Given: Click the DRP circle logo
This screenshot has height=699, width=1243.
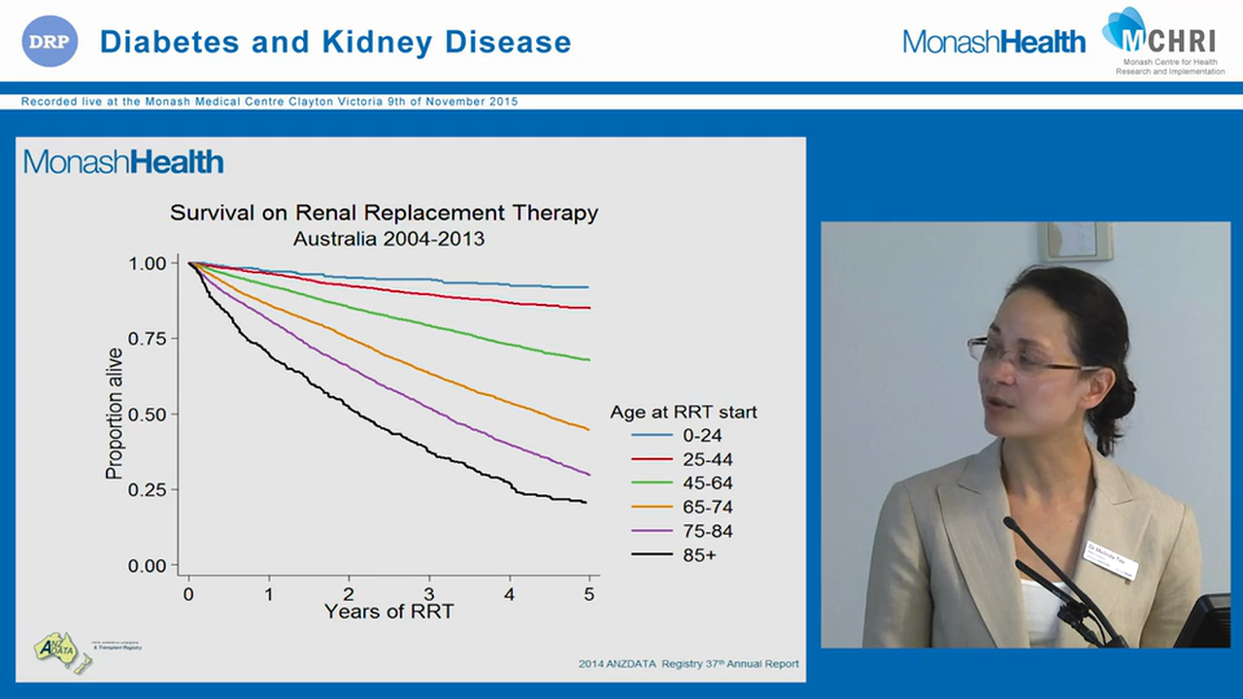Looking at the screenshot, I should [x=50, y=41].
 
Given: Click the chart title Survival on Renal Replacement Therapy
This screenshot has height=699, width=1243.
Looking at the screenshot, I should [x=384, y=213].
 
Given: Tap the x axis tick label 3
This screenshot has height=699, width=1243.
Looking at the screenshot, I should [x=429, y=593].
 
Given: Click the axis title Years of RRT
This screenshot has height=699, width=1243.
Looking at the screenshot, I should [x=388, y=612].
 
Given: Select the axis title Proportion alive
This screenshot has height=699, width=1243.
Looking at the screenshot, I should [x=114, y=414].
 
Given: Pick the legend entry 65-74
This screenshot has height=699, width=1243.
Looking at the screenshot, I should [x=708, y=508].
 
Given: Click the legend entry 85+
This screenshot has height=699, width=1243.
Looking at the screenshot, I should [x=700, y=555].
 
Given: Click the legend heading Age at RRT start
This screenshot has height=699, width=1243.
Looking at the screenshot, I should [x=684, y=412].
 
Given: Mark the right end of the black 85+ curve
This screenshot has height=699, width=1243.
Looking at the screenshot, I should [x=587, y=502].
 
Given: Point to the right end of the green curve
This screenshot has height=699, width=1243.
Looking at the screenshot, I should [x=588, y=360].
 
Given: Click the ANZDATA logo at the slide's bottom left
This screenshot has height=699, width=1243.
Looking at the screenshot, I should [x=61, y=649].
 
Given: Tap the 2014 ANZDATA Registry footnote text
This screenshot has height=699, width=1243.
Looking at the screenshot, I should [x=689, y=664].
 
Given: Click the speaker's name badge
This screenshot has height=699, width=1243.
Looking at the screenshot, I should [x=1110, y=560].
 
